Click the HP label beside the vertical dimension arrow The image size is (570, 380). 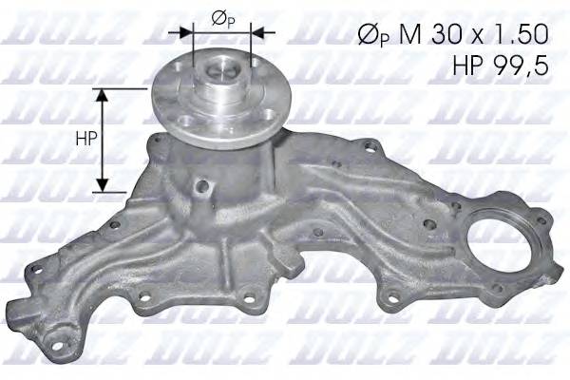point(83,139)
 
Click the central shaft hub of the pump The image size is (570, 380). point(222,78)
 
